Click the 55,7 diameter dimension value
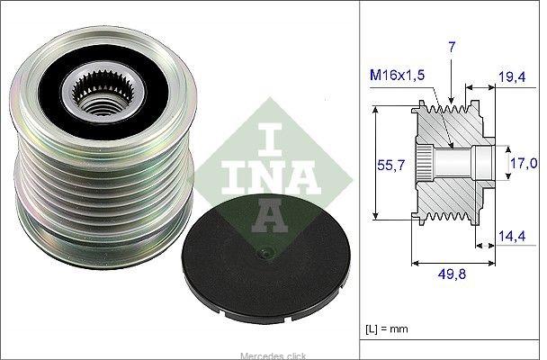tap(391, 165)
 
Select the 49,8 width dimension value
tap(452, 274)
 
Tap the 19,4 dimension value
tap(511, 77)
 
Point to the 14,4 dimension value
tap(512, 236)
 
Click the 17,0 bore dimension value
tap(524, 163)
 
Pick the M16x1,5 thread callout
tap(397, 75)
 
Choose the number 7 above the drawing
tap(452, 47)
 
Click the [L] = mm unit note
tap(387, 328)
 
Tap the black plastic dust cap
tap(266, 259)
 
